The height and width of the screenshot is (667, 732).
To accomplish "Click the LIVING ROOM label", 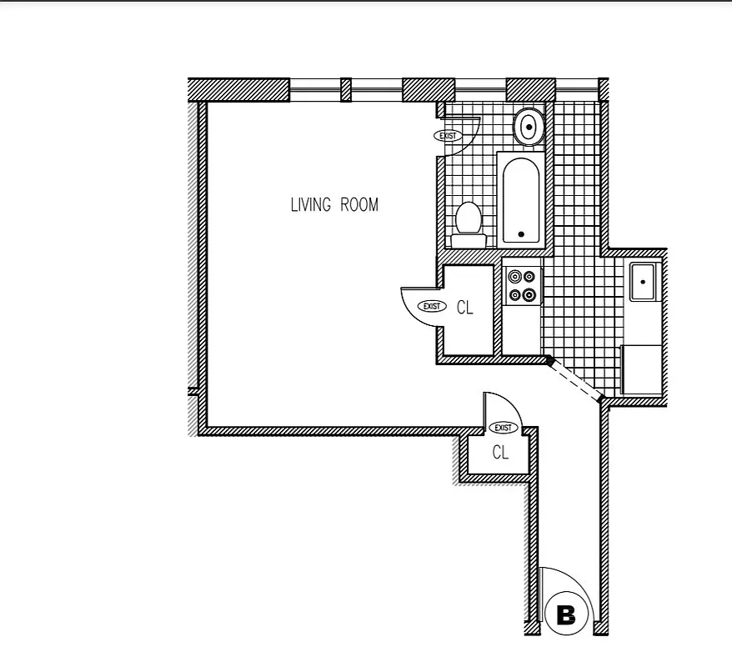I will coord(333,204).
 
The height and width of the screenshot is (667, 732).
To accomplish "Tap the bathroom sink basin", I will coord(528,127).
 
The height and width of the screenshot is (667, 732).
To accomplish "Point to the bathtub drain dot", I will coord(522,234).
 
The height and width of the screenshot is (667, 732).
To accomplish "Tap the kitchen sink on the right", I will coord(644,281).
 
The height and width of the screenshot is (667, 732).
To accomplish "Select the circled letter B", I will coord(566,616).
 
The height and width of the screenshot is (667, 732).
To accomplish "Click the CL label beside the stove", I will coord(464,308).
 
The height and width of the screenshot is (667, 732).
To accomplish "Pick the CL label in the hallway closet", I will coord(500,453).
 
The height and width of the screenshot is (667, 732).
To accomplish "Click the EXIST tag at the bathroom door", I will coord(448,136).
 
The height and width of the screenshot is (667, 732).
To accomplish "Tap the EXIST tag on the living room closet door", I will coord(431,306).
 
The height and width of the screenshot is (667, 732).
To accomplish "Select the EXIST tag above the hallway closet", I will coord(503,428).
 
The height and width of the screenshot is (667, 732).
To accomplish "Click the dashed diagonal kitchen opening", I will coord(575,379).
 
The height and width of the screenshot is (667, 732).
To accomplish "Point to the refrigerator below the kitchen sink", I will coord(641,369).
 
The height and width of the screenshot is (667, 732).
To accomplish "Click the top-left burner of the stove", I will coord(514,276).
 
